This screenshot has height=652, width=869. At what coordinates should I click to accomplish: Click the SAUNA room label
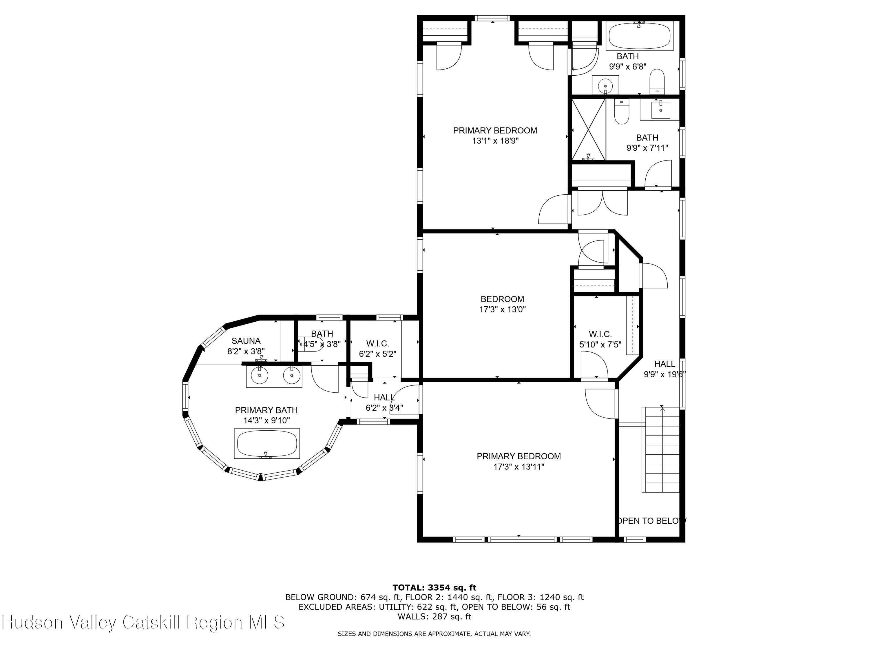pyautogui.click(x=246, y=341)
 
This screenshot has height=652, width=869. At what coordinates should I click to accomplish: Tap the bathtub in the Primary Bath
pyautogui.click(x=267, y=444)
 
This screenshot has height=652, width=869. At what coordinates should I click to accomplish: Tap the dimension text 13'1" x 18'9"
pyautogui.click(x=495, y=141)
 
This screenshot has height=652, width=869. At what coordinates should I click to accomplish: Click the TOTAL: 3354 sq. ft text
pyautogui.click(x=434, y=588)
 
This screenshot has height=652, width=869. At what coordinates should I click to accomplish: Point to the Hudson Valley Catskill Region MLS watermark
pyautogui.click(x=143, y=622)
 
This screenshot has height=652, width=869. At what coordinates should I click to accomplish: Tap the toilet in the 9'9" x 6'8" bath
pyautogui.click(x=657, y=81)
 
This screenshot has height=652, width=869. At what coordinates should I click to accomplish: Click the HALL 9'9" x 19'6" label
pyautogui.click(x=665, y=369)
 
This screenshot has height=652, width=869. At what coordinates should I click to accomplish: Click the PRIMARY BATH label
pyautogui.click(x=266, y=410)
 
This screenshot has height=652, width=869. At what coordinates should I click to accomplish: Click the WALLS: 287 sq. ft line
pyautogui.click(x=434, y=616)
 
